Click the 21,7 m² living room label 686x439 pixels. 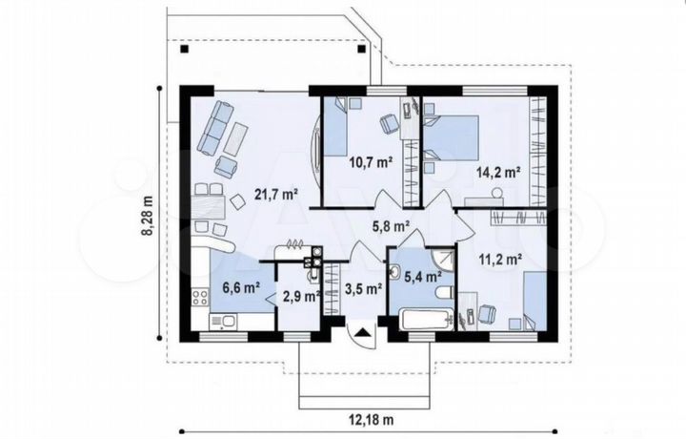[276, 194]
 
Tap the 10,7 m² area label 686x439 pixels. [371, 162]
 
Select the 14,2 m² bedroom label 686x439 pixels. [498, 172]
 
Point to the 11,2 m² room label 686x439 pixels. [500, 260]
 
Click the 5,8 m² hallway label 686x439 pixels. [391, 226]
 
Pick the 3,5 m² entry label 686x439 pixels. [364, 289]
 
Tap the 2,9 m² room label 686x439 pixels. [302, 297]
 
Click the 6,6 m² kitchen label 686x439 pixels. [241, 288]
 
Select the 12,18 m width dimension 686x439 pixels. [371, 420]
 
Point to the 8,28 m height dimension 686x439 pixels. [149, 215]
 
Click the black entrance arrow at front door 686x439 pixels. [363, 332]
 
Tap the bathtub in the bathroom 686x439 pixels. [426, 320]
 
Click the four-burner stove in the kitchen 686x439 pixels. [200, 298]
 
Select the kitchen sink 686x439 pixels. [223, 322]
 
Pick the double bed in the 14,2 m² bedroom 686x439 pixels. [451, 137]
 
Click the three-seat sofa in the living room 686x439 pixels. [214, 128]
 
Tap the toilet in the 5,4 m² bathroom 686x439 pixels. [446, 293]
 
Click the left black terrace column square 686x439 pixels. [185, 49]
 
